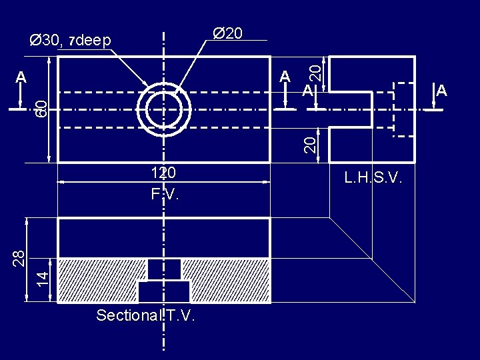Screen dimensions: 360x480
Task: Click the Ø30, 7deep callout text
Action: [70, 41]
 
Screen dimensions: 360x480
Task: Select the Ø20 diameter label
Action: [227, 33]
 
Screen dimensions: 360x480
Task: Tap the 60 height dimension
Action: [41, 107]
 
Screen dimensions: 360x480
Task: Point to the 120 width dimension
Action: [163, 173]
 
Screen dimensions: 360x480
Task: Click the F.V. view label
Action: [165, 195]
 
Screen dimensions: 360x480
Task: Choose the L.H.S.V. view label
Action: [373, 178]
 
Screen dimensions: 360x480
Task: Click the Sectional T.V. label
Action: [145, 316]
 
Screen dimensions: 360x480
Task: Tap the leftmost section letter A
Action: [21, 77]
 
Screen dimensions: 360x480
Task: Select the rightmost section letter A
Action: [441, 90]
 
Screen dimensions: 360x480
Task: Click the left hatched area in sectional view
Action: [100, 280]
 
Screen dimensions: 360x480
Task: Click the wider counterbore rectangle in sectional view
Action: [164, 291]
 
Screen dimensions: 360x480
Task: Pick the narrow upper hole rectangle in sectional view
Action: [164, 269]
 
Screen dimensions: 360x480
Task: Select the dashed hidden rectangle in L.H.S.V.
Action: [404, 109]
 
